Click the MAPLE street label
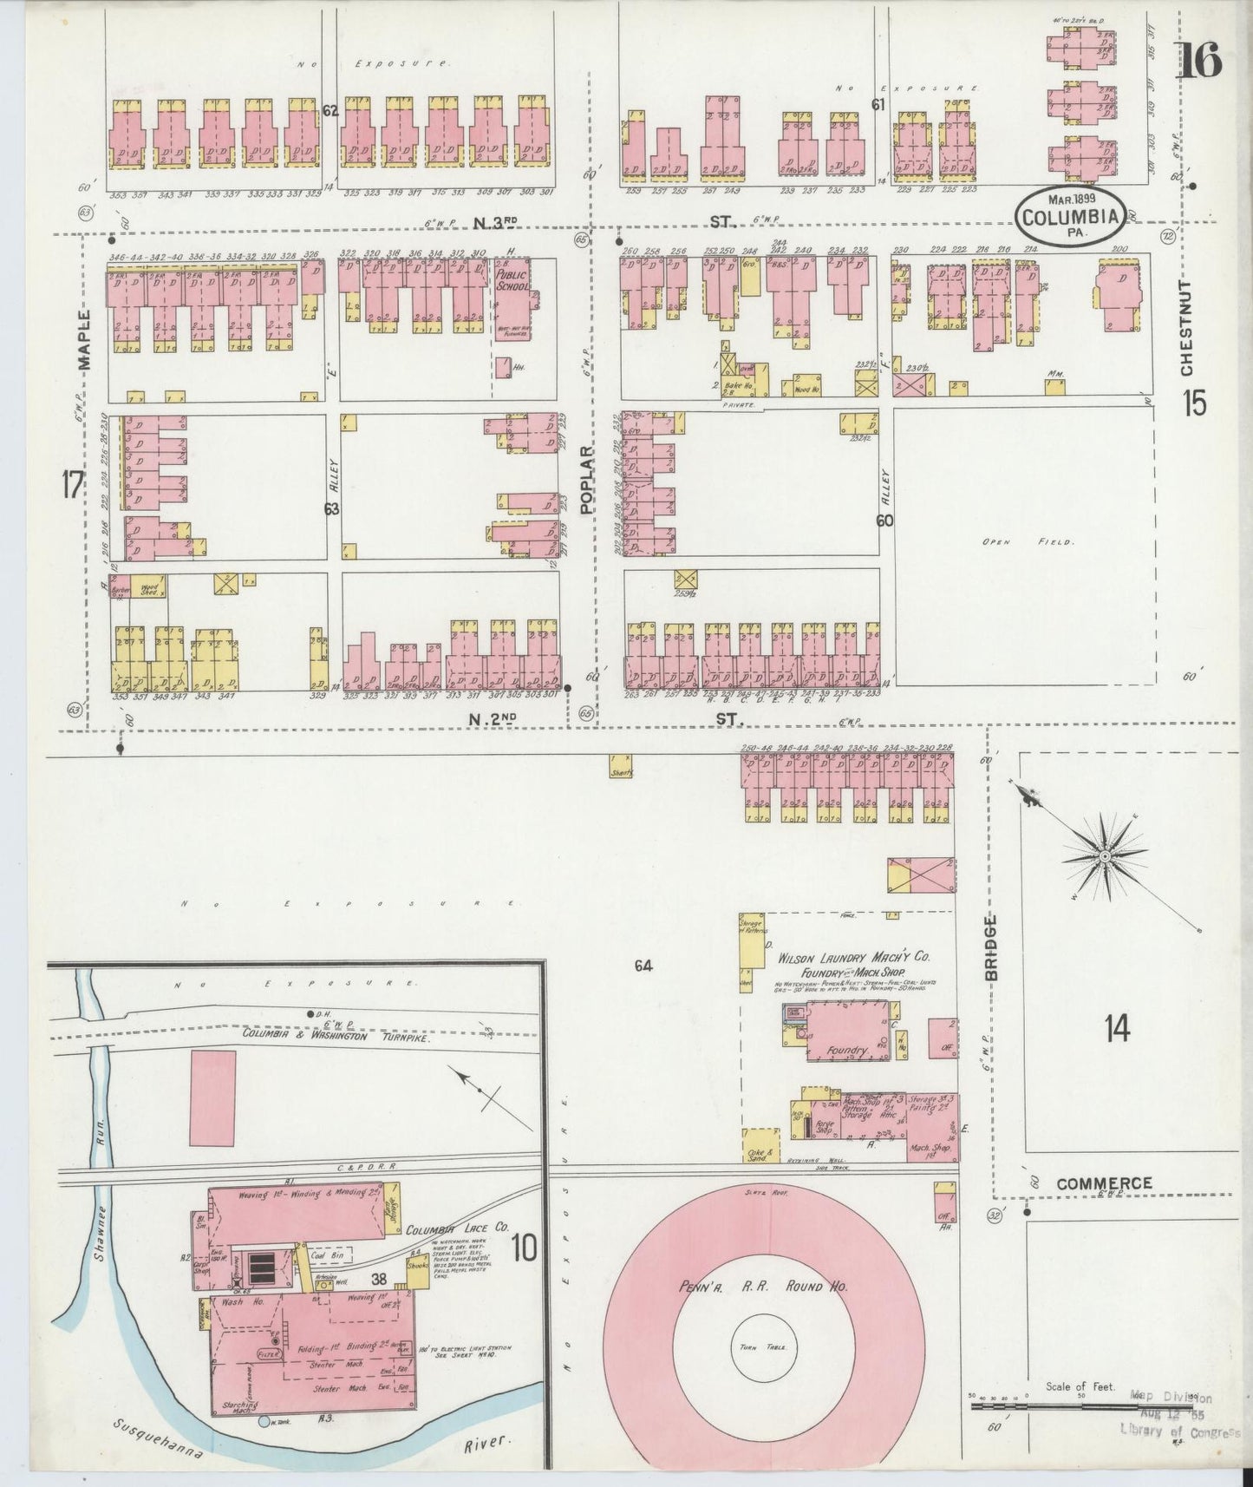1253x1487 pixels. coord(84,339)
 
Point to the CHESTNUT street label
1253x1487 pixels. coord(1186,327)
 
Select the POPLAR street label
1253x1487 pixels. coord(588,480)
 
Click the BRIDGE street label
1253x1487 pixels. coord(991,948)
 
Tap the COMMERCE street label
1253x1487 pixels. coord(1104,1183)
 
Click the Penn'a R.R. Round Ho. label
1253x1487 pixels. coord(751,1287)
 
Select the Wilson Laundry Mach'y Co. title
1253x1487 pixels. coord(853,959)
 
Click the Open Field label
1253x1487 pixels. coord(1027,542)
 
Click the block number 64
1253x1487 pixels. coord(643,966)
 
